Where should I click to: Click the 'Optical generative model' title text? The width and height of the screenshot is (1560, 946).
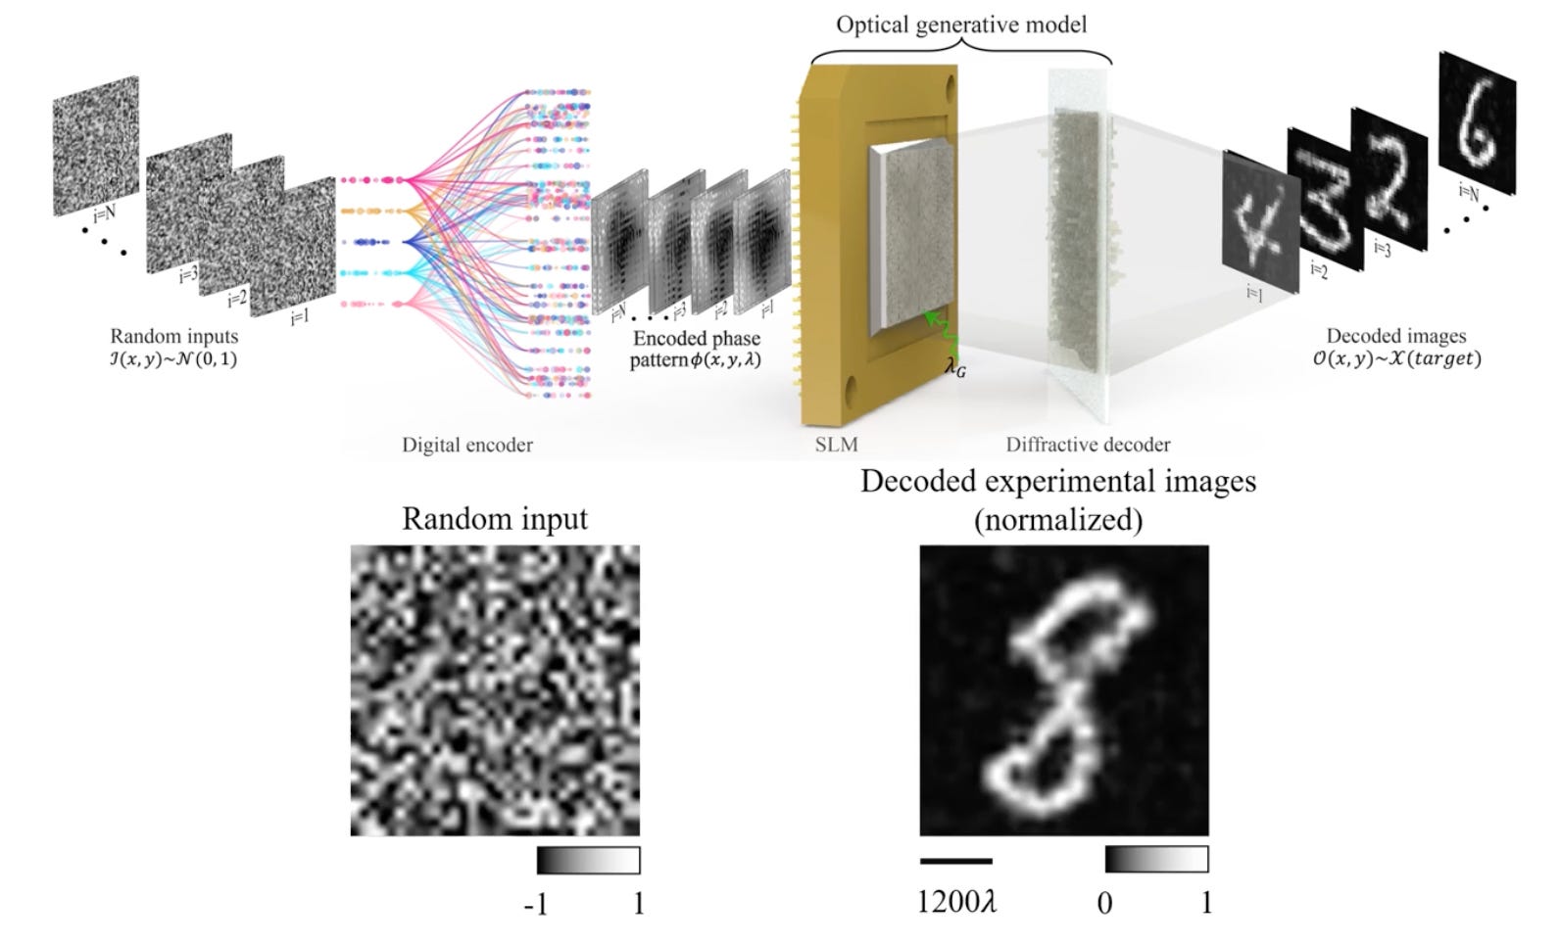[x=960, y=24]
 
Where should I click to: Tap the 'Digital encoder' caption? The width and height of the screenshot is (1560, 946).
[x=467, y=445]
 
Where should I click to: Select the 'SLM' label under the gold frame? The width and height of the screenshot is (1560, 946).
[x=836, y=445]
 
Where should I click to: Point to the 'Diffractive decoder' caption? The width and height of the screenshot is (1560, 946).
[x=1088, y=445]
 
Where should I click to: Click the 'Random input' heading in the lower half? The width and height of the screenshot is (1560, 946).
[x=495, y=518]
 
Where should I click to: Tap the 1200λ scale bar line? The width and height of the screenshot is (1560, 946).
[x=955, y=862]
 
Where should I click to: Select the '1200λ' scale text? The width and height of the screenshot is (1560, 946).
[x=956, y=901]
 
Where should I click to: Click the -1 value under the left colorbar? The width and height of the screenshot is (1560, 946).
[x=536, y=903]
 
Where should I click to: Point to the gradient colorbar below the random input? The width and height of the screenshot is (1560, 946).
[x=588, y=861]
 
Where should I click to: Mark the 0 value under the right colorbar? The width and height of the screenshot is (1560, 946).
[x=1104, y=903]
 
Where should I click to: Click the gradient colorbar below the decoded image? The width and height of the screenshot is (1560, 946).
[x=1156, y=859]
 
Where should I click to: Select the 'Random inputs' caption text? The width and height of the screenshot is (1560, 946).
[x=173, y=337]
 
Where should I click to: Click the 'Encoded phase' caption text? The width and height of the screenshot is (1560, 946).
[x=696, y=339]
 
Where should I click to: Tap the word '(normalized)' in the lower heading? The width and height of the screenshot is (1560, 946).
[x=1058, y=520]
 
